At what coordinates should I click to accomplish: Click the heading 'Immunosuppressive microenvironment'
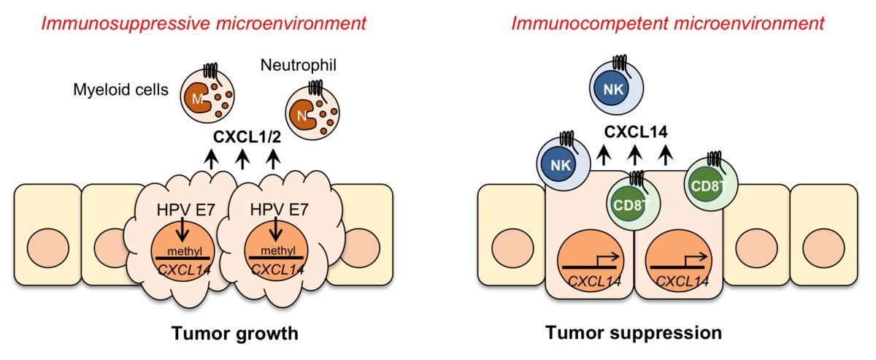pos(204,23)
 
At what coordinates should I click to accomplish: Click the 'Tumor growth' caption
pos(234,334)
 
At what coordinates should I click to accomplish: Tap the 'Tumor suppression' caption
pos(634,334)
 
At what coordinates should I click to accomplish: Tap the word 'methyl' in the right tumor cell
pos(274,250)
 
